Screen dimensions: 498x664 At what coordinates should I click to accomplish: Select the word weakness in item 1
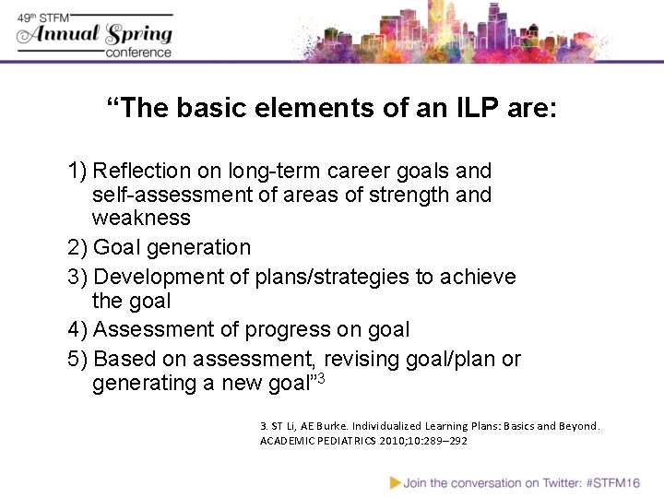click(x=141, y=219)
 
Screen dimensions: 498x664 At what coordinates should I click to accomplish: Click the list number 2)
click(x=78, y=247)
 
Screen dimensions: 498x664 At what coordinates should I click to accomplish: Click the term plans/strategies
click(x=319, y=277)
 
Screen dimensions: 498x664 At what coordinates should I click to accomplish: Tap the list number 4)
click(x=78, y=329)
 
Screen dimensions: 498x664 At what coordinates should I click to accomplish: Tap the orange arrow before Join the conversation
click(x=395, y=481)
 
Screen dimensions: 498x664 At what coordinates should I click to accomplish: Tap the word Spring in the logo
click(x=137, y=35)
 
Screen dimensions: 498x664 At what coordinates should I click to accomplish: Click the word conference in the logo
click(x=138, y=53)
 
